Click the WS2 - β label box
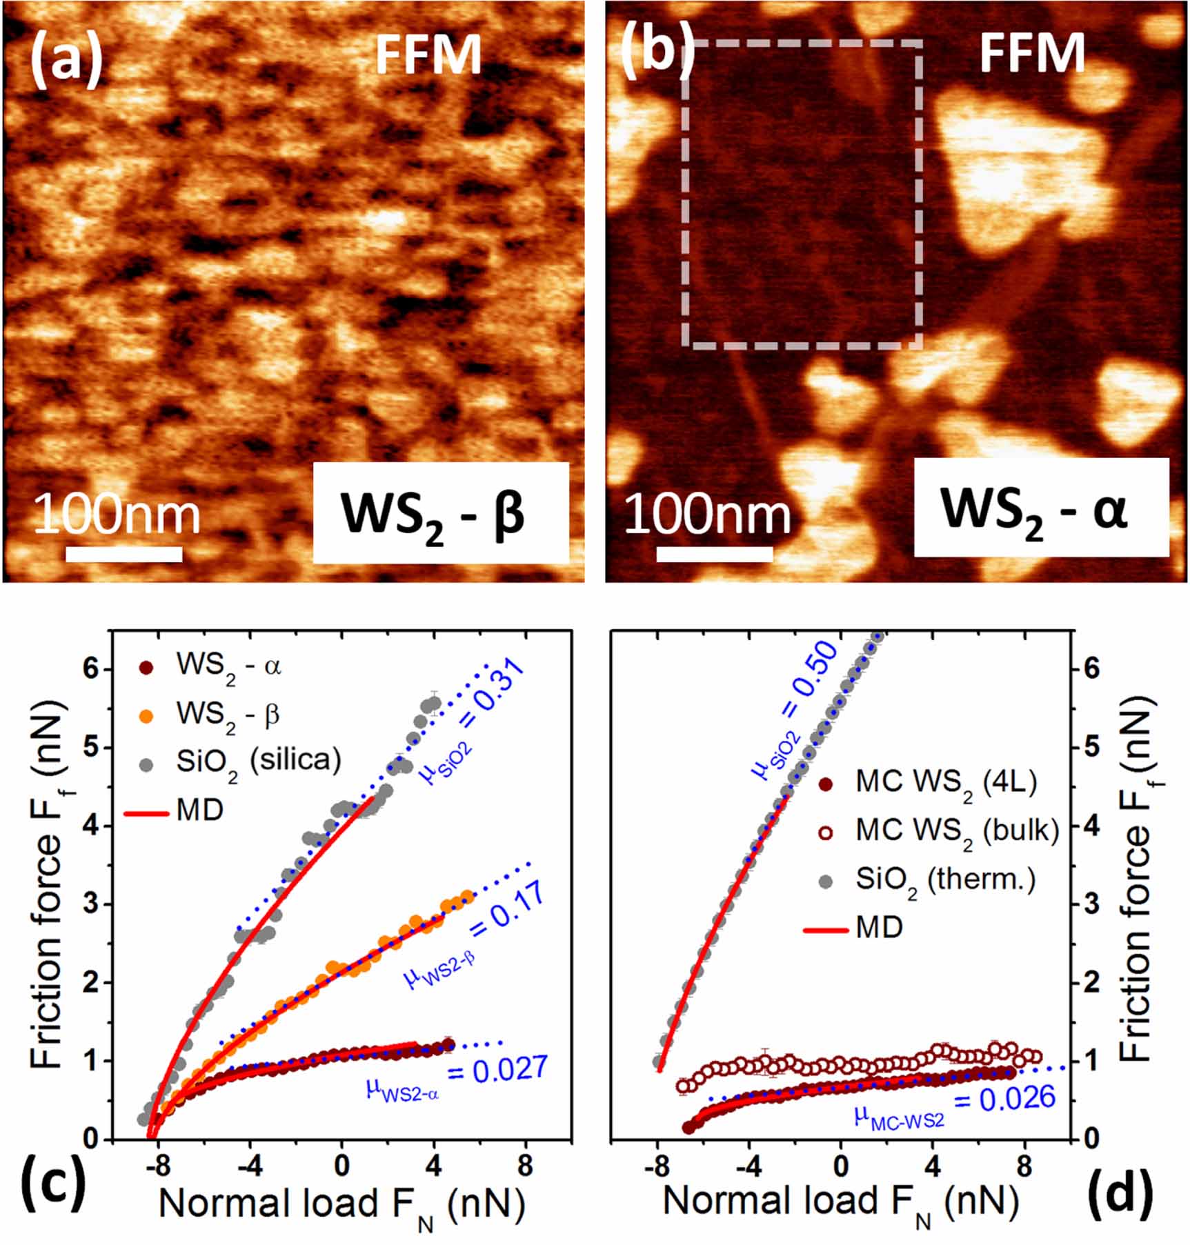pyautogui.click(x=441, y=512)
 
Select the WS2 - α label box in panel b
pyautogui.click(x=1042, y=507)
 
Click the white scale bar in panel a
pyautogui.click(x=124, y=554)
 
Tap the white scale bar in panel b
pyautogui.click(x=715, y=554)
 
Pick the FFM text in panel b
pyautogui.click(x=1032, y=53)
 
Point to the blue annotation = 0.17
pyautogui.click(x=508, y=909)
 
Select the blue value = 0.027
pyautogui.click(x=497, y=1068)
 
